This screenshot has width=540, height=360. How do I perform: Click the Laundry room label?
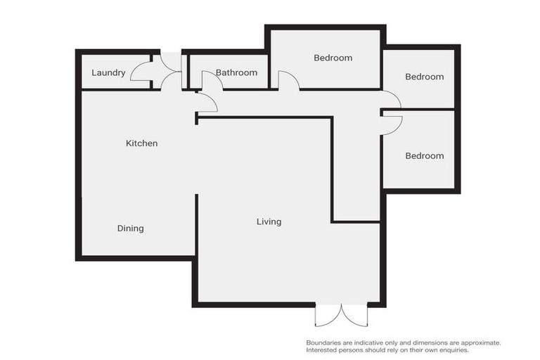point(108,72)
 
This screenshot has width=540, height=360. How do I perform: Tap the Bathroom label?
point(236,72)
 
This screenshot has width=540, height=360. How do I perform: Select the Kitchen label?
point(141,143)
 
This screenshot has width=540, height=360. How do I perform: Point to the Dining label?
point(130,229)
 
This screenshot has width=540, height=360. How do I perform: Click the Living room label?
point(269,221)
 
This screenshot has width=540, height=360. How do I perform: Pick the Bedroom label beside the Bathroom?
point(333,58)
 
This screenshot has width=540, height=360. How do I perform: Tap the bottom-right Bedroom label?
point(424,155)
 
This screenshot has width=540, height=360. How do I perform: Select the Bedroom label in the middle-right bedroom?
point(424,77)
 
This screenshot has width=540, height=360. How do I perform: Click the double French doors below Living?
point(341,314)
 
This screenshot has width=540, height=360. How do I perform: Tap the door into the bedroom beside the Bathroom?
point(289,80)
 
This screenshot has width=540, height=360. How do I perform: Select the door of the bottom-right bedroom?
point(392,124)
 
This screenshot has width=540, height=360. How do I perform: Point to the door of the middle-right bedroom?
point(392,99)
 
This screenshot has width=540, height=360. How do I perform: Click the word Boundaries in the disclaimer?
point(326,342)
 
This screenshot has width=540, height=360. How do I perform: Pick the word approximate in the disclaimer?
point(480,342)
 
